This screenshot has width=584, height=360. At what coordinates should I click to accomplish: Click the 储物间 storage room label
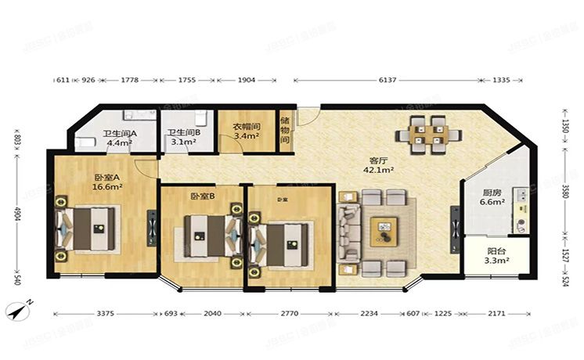point(285,130)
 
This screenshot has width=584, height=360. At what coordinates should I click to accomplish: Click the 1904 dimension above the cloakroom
point(246,80)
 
